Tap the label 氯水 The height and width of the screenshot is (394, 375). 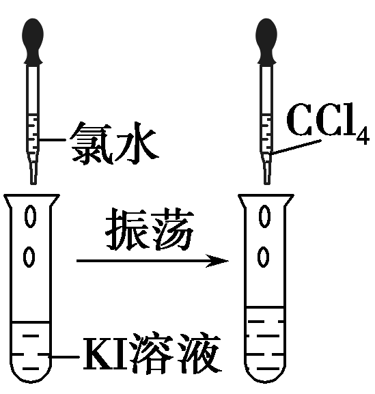point(115,143)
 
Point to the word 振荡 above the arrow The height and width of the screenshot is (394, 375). point(150,230)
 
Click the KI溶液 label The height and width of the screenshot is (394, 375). point(152,355)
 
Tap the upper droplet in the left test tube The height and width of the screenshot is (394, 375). point(31,216)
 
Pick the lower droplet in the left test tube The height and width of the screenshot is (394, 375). point(29,257)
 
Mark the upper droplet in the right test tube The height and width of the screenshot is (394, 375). point(264,216)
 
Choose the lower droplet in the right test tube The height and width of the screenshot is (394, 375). point(264,257)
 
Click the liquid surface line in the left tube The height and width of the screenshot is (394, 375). point(31,322)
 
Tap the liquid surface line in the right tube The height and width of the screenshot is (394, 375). point(265,307)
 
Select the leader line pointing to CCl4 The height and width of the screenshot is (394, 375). point(296,147)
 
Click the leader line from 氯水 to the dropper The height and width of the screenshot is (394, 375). point(52,140)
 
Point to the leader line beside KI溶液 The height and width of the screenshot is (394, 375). point(64,356)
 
